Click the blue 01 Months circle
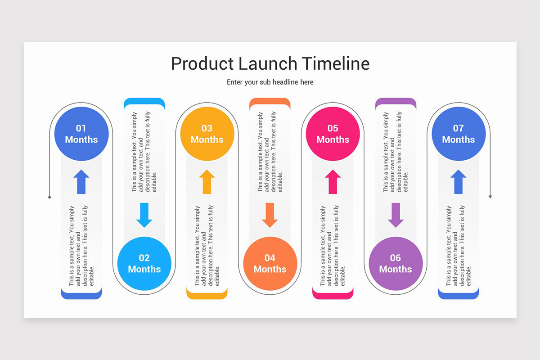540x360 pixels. (81, 134)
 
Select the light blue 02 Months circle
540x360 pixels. (144, 263)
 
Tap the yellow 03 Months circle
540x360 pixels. (207, 134)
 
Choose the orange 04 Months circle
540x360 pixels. (270, 263)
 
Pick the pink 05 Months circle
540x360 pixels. (333, 134)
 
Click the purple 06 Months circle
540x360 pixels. (396, 263)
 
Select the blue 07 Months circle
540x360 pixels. (458, 134)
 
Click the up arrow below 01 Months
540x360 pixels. (81, 182)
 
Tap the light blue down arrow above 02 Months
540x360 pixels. (144, 215)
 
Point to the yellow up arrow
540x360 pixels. (207, 182)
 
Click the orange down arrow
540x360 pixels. (270, 215)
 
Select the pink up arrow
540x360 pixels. (333, 182)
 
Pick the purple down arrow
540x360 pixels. (396, 215)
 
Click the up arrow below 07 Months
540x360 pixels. (458, 182)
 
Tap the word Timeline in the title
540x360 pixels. (335, 63)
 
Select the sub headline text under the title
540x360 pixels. (270, 82)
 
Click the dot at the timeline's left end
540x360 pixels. (49, 197)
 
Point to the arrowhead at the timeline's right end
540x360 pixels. (490, 197)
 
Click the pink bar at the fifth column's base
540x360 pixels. (333, 295)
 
